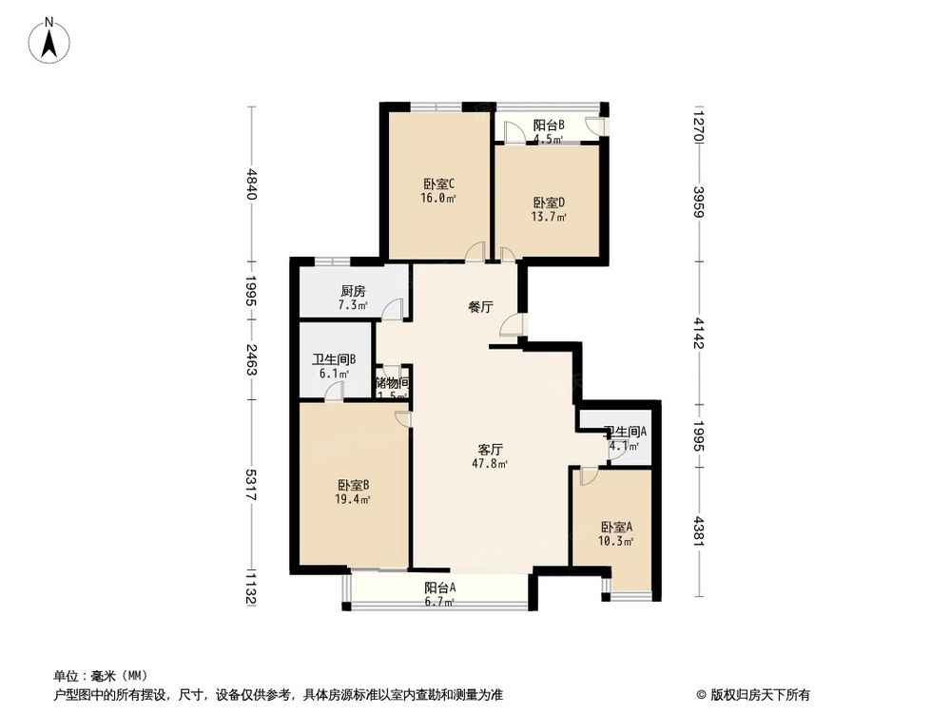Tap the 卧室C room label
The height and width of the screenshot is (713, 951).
[438, 184]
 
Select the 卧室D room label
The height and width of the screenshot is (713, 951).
[549, 202]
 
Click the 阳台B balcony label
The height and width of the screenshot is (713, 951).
[549, 125]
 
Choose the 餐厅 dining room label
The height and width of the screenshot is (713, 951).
[480, 307]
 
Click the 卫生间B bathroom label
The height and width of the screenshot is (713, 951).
[334, 359]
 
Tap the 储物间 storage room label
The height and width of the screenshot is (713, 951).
[392, 383]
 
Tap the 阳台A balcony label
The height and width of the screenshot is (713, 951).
[439, 588]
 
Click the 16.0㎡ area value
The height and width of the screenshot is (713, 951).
[438, 199]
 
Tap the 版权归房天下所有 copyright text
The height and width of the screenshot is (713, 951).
[756, 694]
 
